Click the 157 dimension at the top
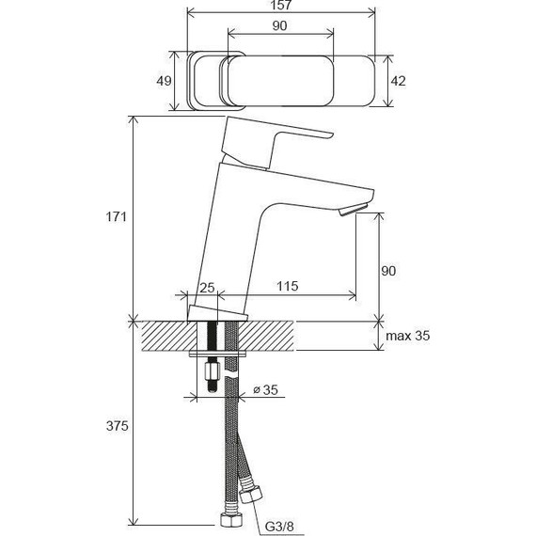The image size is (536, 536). (x=282, y=5)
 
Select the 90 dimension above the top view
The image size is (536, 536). (x=280, y=26)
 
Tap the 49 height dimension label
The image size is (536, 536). (x=164, y=82)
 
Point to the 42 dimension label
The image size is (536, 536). (x=399, y=81)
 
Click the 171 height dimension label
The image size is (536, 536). (x=117, y=216)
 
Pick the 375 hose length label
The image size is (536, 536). (x=117, y=426)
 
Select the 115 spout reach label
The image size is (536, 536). (x=287, y=286)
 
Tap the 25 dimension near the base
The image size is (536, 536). (x=207, y=288)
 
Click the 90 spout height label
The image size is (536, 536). (x=388, y=271)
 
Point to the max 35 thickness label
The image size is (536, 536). (x=408, y=336)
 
